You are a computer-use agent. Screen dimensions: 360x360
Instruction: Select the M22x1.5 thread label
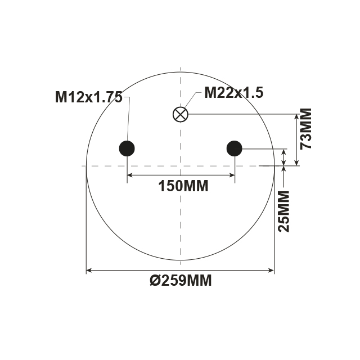pyautogui.click(x=233, y=93)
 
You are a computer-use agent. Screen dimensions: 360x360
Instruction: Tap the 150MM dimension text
pyautogui.click(x=183, y=186)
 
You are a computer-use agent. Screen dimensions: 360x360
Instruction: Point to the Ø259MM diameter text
pyautogui.click(x=181, y=280)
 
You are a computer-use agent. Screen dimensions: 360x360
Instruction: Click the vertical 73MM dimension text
pyautogui.click(x=307, y=128)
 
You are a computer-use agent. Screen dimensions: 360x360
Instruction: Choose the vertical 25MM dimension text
pyautogui.click(x=284, y=211)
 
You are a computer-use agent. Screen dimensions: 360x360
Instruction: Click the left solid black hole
pyautogui.click(x=127, y=148)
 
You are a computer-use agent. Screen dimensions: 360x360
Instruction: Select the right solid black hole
pyautogui.click(x=234, y=148)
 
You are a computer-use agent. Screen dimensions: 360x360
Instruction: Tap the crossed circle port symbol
pyautogui.click(x=180, y=114)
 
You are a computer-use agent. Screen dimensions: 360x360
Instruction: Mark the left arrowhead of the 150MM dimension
pyautogui.click(x=130, y=175)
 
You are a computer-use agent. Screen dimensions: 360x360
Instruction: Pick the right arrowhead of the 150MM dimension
pyautogui.click(x=231, y=175)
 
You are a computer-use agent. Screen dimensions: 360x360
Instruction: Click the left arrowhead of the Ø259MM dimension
pyautogui.click(x=89, y=271)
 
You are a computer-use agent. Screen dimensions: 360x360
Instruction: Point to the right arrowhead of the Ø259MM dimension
pyautogui.click(x=271, y=271)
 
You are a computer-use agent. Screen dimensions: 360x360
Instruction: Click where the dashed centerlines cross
pyautogui.click(x=180, y=166)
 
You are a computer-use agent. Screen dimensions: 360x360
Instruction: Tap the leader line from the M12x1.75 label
pyautogui.click(x=128, y=121)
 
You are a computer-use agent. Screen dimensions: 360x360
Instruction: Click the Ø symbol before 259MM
pyautogui.click(x=155, y=280)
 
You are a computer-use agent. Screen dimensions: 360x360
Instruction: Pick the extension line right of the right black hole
pyautogui.click(x=264, y=148)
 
